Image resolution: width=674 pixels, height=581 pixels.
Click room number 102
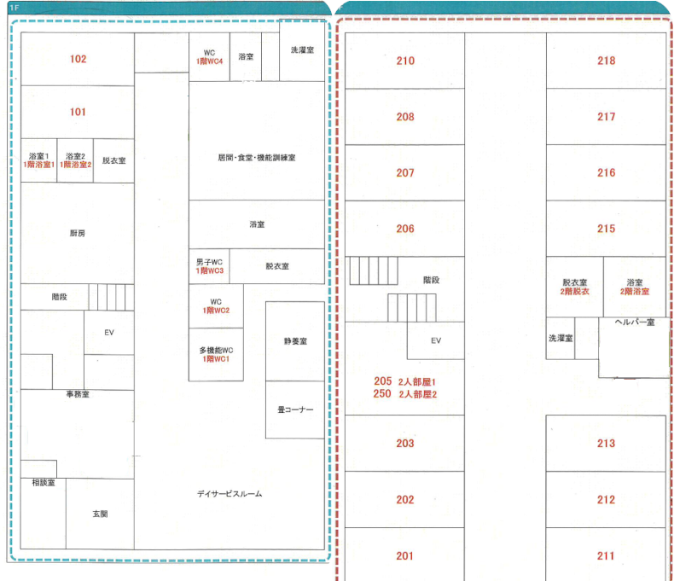(78, 59)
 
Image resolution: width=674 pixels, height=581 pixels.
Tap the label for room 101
(78, 112)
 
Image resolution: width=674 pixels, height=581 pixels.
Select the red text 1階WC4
(209, 62)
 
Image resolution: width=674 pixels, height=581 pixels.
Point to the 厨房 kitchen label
(78, 233)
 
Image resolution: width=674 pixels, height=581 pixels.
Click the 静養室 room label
(294, 341)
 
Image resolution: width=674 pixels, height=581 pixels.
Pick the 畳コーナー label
(294, 410)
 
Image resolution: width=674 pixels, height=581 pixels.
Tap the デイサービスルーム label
(230, 494)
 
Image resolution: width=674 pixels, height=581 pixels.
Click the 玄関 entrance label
(100, 514)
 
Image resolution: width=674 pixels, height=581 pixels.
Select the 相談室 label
(44, 483)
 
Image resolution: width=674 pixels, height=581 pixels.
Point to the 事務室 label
(78, 394)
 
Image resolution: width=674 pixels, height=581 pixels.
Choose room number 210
(405, 61)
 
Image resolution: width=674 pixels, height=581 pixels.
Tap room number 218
(606, 61)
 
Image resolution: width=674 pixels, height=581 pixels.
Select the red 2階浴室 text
(634, 292)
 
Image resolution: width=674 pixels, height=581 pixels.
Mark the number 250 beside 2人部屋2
(382, 394)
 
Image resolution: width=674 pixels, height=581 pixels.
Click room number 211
(606, 556)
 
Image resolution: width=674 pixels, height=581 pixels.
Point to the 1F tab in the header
(15, 7)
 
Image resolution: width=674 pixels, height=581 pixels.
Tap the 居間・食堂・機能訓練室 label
(256, 158)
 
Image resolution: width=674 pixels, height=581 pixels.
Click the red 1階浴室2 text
(75, 165)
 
